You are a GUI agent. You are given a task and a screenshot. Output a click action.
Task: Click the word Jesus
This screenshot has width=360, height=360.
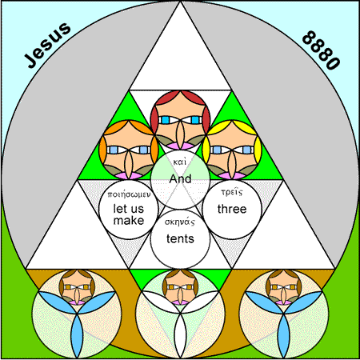point(47,45)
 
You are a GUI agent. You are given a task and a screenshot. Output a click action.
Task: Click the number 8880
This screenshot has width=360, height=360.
point(322,50)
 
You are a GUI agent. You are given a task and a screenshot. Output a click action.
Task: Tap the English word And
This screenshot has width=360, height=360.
point(180,178)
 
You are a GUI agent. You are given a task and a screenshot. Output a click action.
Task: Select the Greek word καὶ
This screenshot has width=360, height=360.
point(180,162)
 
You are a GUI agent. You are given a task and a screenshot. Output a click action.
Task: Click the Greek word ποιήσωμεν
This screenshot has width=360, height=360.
point(129,194)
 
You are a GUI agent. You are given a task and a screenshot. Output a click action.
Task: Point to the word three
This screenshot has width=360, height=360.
point(232,209)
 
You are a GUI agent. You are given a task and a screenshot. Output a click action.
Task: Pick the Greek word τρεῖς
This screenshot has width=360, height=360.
point(232,192)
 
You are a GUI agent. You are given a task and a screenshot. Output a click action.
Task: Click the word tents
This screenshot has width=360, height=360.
point(180,238)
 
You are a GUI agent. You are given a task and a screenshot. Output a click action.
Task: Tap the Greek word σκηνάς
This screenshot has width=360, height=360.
point(180,222)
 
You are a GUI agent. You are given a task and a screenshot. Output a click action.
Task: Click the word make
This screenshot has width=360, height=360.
point(129,221)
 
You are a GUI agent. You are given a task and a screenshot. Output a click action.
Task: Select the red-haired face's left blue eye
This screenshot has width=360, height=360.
point(166,120)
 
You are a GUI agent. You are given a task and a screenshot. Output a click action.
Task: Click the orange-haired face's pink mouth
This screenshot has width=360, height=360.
point(129,175)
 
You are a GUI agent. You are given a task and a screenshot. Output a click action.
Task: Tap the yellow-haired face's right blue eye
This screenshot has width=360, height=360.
point(247,150)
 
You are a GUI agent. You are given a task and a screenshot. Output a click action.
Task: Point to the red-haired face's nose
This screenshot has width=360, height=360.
point(180,134)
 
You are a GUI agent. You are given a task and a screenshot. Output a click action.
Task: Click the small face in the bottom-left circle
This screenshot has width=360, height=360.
point(77,287)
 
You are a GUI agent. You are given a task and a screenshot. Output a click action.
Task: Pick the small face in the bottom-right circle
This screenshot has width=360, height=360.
point(283,287)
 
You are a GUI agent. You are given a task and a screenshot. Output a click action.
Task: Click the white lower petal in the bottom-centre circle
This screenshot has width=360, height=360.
point(180,335)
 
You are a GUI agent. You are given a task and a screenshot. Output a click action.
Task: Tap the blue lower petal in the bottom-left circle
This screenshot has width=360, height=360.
point(77,335)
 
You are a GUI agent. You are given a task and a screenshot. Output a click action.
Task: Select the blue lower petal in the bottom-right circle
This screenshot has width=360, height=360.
point(283,335)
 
